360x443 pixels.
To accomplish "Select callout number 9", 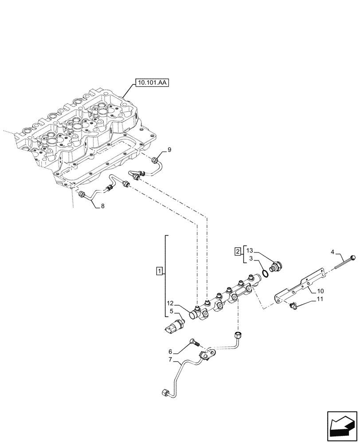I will point(168,149).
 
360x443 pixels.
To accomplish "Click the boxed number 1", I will point(160,270).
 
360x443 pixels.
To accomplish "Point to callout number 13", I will point(250,249).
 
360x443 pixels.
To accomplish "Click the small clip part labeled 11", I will point(292,305).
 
